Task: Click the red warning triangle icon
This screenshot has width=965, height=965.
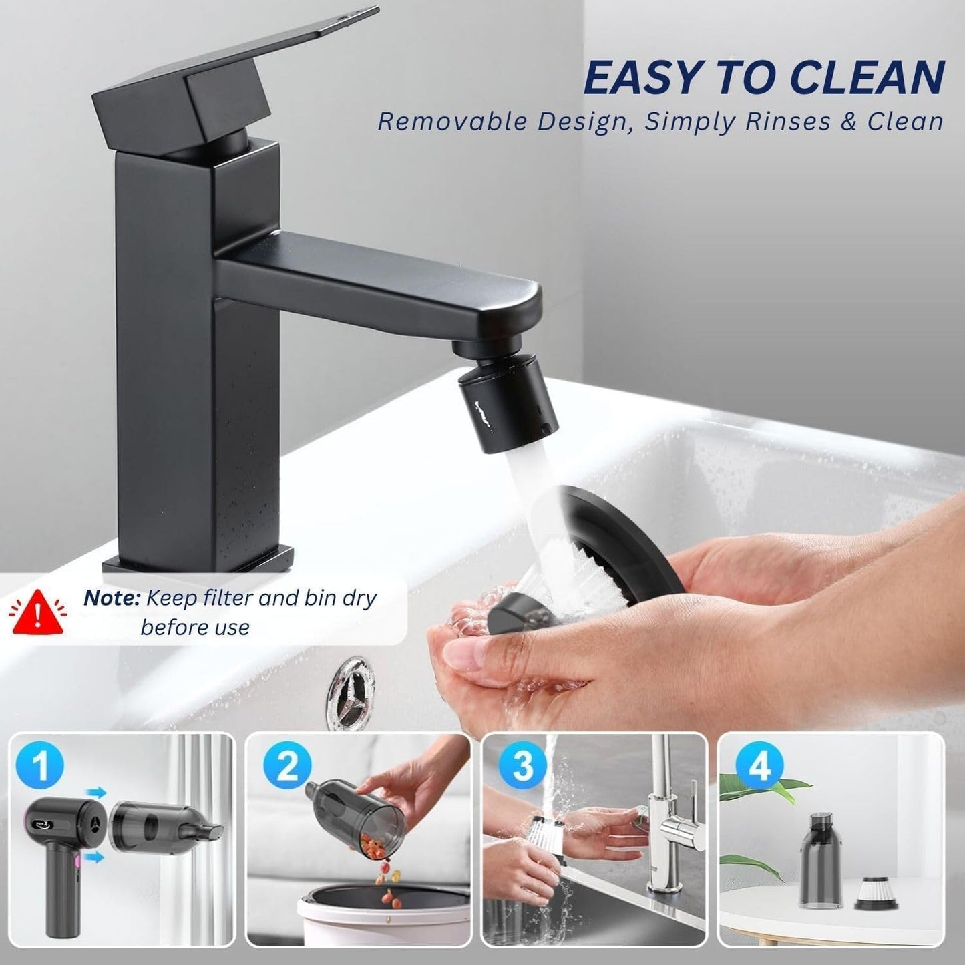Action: [x=38, y=612]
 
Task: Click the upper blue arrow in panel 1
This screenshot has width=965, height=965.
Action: [x=97, y=793]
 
